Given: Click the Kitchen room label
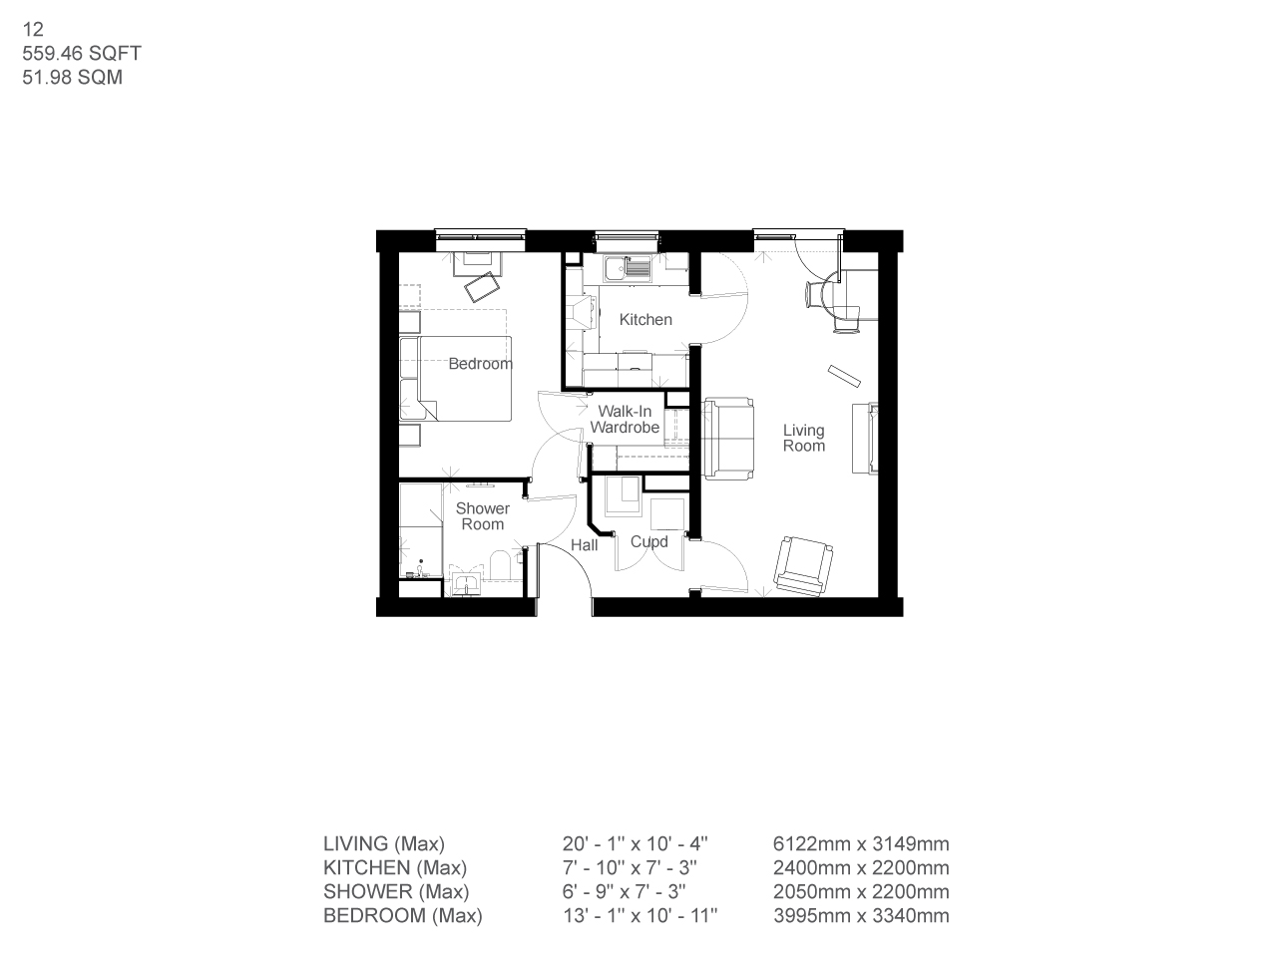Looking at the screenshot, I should pos(645,320).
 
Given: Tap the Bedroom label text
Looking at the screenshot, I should pos(480,364).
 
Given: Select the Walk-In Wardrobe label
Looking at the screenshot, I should pos(625,420).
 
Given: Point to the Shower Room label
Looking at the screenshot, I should pos(483,516).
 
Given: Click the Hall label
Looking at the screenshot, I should pos(585,545).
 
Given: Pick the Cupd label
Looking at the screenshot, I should pos(649,542).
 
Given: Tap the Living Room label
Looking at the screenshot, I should pos(804,438).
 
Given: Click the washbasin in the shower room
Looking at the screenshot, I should pos(466,583).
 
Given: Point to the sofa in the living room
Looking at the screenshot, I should pos(728,439).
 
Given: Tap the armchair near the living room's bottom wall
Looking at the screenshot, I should pos(804,565).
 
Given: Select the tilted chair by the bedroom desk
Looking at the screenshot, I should pos(484,286).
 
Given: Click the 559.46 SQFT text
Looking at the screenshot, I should pos(82,54).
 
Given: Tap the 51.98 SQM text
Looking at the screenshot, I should pos(73,78).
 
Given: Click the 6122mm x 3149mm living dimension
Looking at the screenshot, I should pos(861,844).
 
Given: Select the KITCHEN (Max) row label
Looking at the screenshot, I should pos(395,868).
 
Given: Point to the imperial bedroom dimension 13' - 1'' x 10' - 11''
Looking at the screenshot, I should pos(640,916).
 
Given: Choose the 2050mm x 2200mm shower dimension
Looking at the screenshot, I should pos(861,892).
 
